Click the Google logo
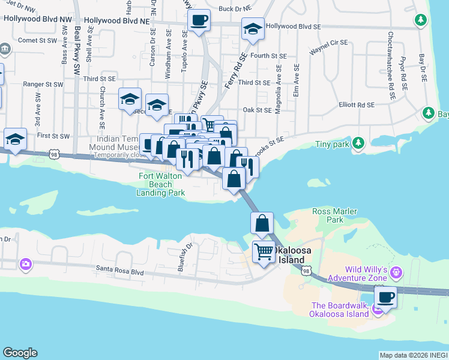(20, 353)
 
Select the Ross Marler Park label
(334, 215)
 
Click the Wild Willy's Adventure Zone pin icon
(396, 274)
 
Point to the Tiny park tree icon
(358, 142)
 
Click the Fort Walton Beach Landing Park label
(161, 184)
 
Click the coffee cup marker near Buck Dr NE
(199, 20)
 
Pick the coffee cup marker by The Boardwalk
(385, 296)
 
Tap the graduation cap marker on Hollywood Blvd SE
(253, 28)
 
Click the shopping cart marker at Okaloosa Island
(264, 251)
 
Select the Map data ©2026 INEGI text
(414, 355)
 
